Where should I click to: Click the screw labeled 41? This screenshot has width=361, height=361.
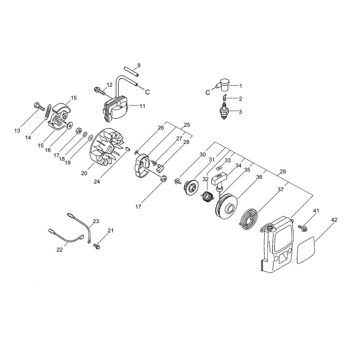click(x=303, y=228)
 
